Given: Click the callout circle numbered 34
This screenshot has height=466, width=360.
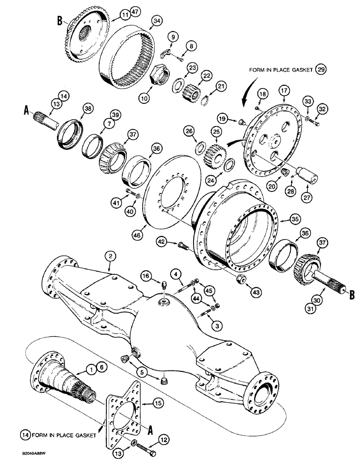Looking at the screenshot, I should [x=157, y=20].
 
